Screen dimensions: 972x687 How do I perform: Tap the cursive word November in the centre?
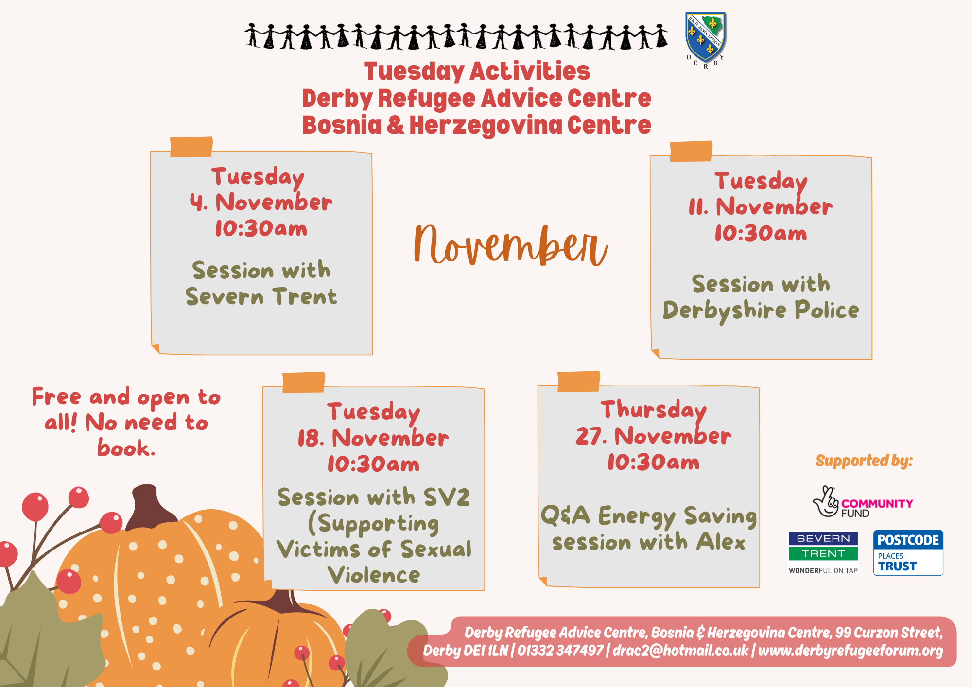[x=510, y=245]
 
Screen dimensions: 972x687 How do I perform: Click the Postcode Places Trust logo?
[x=908, y=553]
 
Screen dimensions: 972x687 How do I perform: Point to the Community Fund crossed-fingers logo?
[x=863, y=502]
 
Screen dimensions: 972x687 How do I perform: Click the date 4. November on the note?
[x=261, y=202]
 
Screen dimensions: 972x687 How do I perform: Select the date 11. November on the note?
[x=761, y=207]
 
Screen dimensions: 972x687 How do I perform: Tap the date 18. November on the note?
[x=373, y=438]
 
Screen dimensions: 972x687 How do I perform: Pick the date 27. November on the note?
[x=653, y=436]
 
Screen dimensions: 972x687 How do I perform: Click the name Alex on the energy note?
[x=721, y=542]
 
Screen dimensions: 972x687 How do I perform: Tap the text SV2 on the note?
[x=447, y=497]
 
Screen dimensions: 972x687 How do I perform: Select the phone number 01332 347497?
[x=560, y=651]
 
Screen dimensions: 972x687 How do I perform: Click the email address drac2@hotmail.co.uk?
[x=680, y=651]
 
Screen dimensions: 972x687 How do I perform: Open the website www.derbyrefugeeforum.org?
[x=850, y=651]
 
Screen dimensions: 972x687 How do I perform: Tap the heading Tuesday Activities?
[x=477, y=71]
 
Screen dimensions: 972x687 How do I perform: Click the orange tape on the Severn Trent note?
[x=191, y=147]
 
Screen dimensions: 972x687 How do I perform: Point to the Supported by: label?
[x=864, y=461]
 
